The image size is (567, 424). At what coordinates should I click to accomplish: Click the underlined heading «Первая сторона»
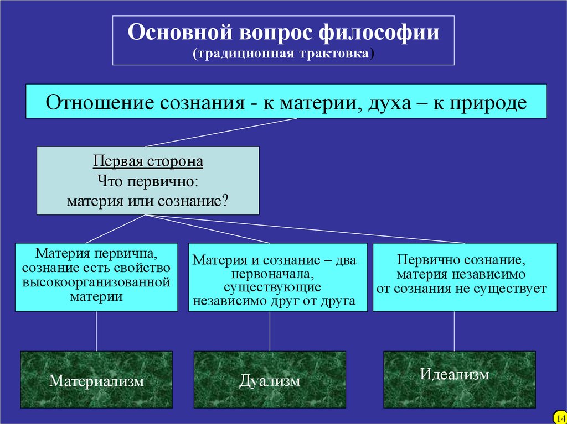(x=148, y=162)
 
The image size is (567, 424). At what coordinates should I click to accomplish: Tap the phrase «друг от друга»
(x=324, y=301)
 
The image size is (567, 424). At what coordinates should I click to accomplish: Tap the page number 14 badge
(x=559, y=416)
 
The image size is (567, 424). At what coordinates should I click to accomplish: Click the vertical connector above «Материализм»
(x=96, y=331)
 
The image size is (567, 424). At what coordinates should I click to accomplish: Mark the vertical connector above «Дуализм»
(x=270, y=331)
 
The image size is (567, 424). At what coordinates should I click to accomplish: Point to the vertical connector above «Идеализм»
(x=454, y=331)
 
